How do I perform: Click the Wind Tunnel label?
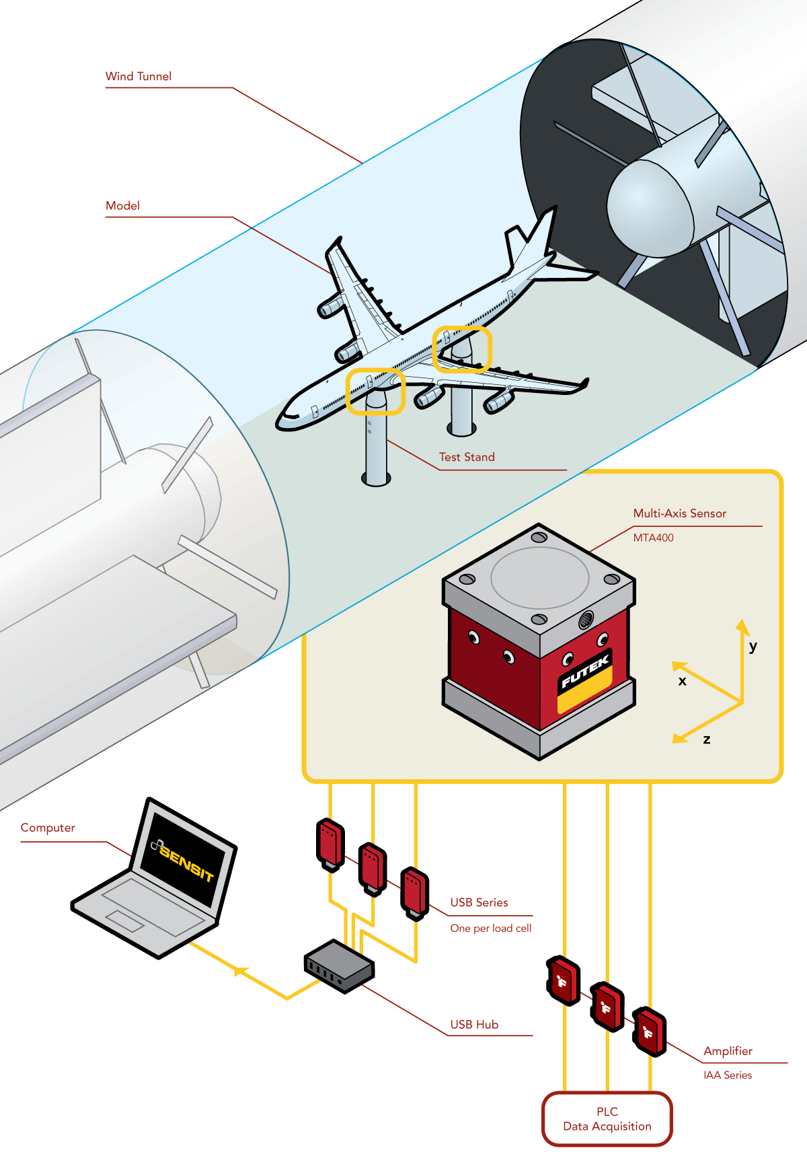pos(139,77)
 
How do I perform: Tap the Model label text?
pos(122,206)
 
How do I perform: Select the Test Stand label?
pos(467,458)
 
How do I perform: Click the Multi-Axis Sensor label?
pos(679,513)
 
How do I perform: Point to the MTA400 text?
pos(653,538)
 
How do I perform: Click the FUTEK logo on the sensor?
pos(585,671)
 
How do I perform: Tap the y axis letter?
pos(753,647)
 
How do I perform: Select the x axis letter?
pos(682,681)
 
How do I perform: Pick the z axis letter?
pos(706,740)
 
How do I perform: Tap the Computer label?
pos(48,828)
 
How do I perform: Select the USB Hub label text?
pos(474,1025)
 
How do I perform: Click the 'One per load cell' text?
pos(491,929)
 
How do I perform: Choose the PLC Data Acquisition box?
pos(607,1118)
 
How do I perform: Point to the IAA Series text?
pos(728,1075)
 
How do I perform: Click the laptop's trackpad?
pos(124,921)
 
